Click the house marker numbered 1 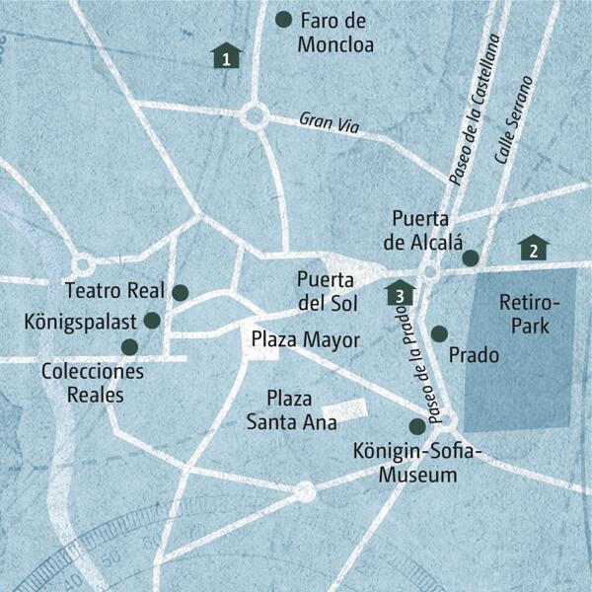[x=227, y=56]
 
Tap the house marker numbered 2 [x=534, y=248]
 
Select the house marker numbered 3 [x=399, y=293]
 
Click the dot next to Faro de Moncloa [x=284, y=19]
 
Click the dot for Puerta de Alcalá [x=471, y=258]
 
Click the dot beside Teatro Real [x=180, y=292]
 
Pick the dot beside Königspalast [x=152, y=320]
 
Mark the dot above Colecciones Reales [x=128, y=346]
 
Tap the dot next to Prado [x=439, y=334]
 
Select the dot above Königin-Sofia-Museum [x=417, y=425]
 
